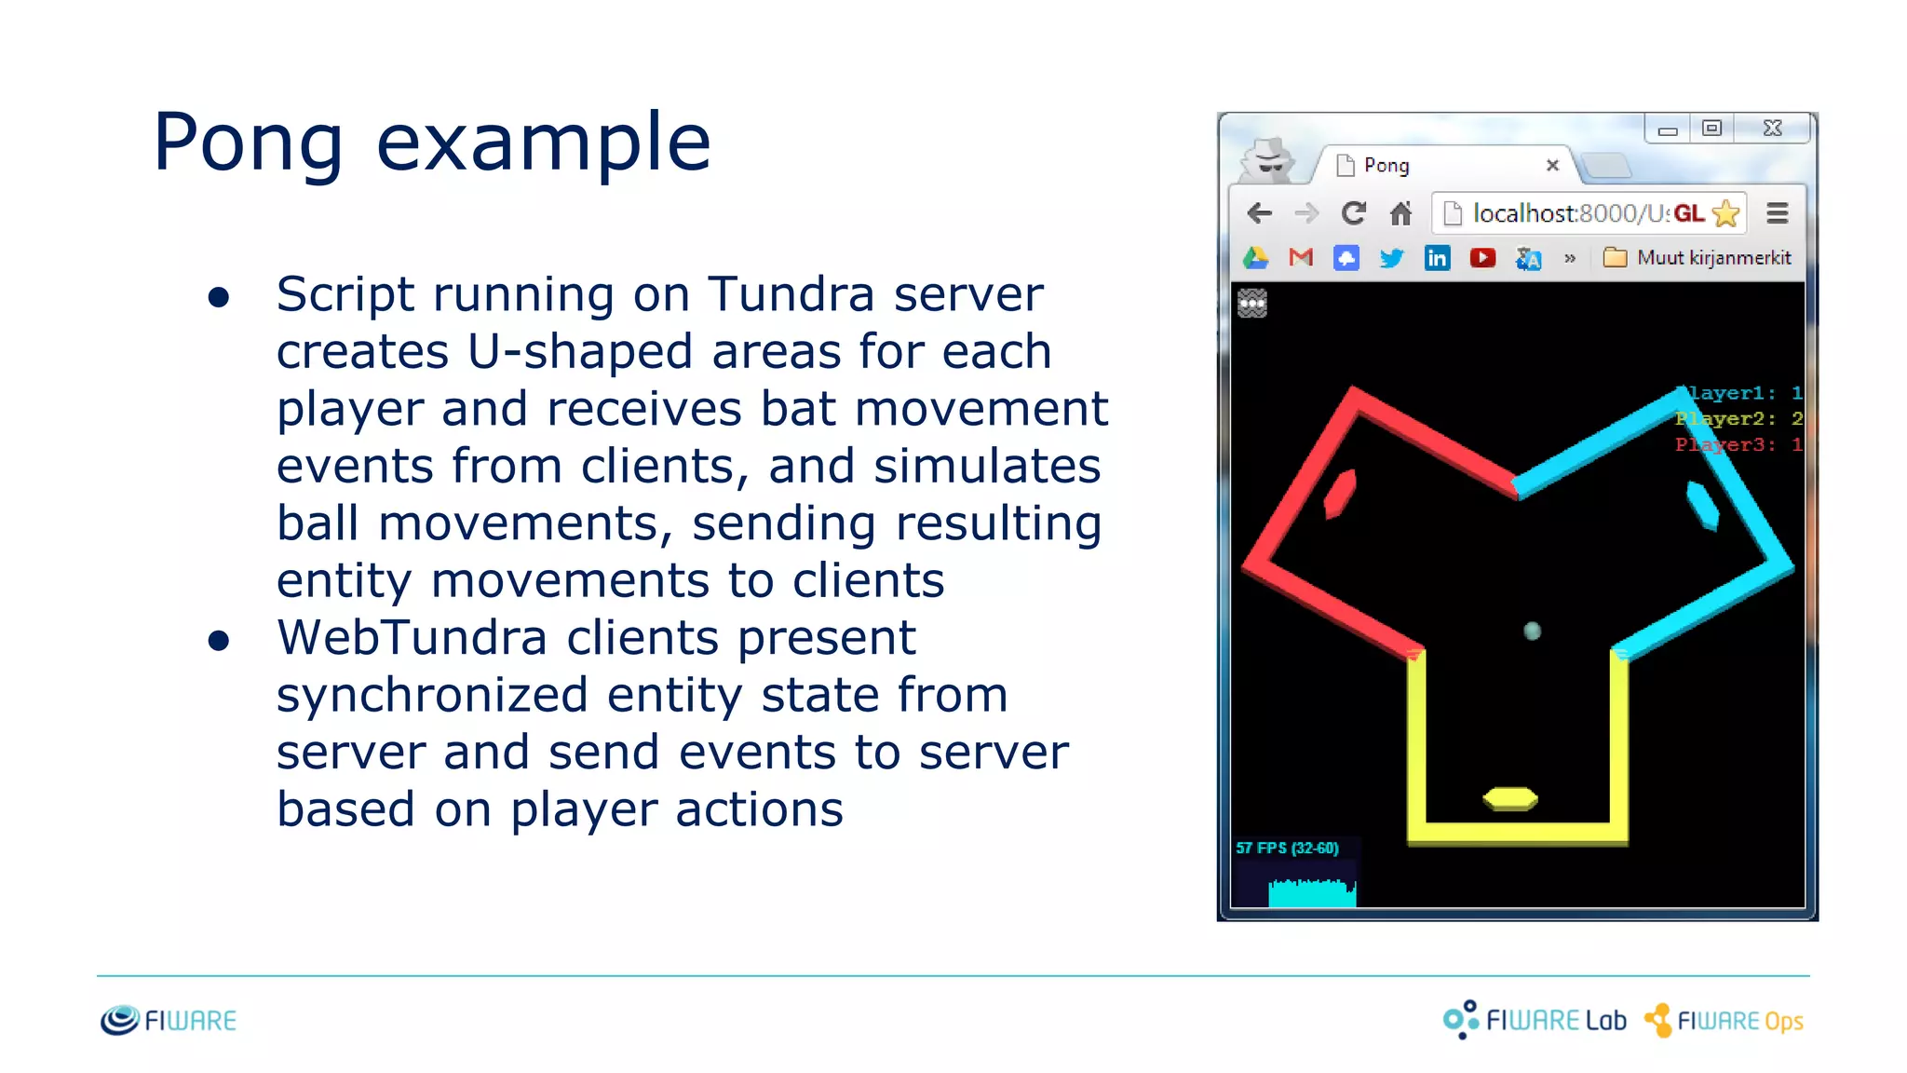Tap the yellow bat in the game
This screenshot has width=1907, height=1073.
(1509, 799)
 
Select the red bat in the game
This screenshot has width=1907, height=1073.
(1340, 494)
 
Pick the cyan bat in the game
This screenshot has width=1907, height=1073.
(1702, 506)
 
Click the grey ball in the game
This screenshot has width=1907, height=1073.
(1532, 632)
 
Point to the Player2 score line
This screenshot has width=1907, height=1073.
(1738, 419)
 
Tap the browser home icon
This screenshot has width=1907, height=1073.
(1400, 214)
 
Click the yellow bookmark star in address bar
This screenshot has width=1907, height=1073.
(1725, 214)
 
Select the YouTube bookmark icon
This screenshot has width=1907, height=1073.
(1482, 258)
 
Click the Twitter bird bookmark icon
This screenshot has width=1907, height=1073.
(1391, 258)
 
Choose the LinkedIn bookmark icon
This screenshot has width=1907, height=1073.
(1437, 258)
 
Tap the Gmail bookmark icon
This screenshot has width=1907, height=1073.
(1301, 258)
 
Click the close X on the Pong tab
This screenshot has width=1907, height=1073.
(1552, 166)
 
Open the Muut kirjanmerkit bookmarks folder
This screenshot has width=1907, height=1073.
(1697, 258)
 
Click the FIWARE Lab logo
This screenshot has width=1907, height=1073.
(1535, 1021)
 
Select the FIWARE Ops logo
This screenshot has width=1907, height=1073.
(1724, 1021)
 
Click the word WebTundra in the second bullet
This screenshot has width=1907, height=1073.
(411, 639)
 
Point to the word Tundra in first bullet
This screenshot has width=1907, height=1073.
(791, 295)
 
